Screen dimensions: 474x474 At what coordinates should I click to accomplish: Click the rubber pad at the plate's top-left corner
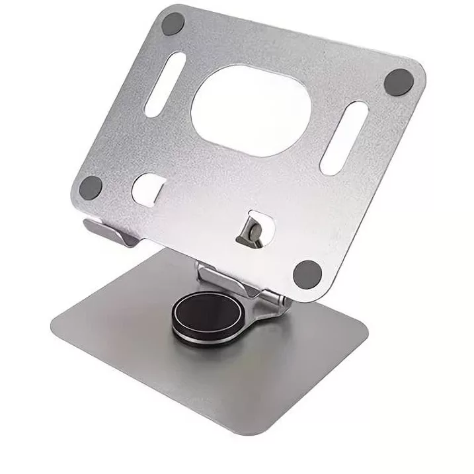coord(173,24)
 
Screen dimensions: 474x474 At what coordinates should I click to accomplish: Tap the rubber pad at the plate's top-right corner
coord(399,81)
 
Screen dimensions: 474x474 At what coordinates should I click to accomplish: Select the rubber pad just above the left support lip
coord(91,187)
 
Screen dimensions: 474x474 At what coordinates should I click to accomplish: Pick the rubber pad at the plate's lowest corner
coord(307,272)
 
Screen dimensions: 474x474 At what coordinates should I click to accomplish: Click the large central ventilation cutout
coord(251,110)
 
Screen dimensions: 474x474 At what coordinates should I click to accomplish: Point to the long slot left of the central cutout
coord(165,85)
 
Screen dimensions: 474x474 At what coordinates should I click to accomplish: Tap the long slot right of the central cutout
coord(344,138)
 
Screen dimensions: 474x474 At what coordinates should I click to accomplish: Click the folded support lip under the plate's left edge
coord(109,231)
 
